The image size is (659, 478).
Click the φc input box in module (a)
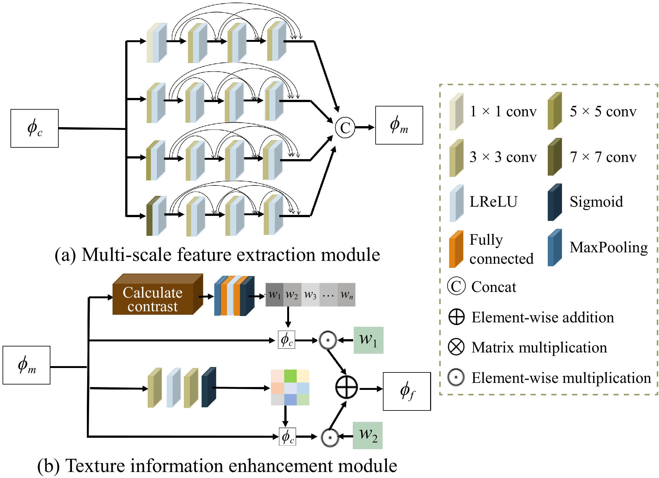click(x=35, y=128)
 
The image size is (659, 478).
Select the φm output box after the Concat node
click(x=399, y=125)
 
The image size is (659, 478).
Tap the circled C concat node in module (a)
click(x=345, y=128)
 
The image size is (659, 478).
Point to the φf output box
click(x=407, y=391)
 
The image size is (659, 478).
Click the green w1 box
click(x=368, y=340)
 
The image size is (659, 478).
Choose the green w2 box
click(x=368, y=436)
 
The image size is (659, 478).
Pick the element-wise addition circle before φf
click(x=346, y=387)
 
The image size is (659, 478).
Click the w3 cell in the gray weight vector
click(x=310, y=295)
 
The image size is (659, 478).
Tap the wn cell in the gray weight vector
click(x=346, y=295)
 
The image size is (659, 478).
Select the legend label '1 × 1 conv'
click(x=503, y=111)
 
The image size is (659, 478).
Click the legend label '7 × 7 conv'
click(x=603, y=157)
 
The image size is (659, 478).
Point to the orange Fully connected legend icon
click(x=456, y=249)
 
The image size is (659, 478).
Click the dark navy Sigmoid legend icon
click(x=555, y=203)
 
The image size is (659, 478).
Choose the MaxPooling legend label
click(x=609, y=247)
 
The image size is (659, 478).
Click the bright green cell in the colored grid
click(x=290, y=376)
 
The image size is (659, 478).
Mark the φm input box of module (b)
click(x=27, y=365)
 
